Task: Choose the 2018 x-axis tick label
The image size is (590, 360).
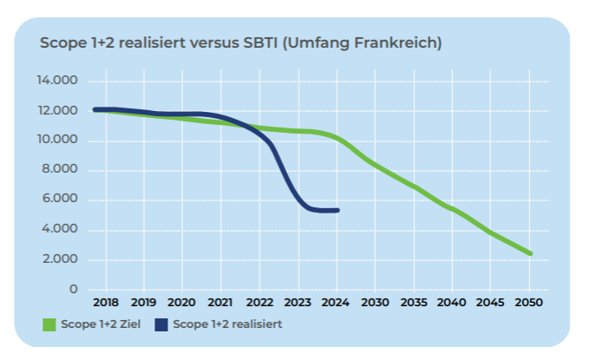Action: coord(104,303)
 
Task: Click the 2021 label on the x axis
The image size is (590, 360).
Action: coord(220,303)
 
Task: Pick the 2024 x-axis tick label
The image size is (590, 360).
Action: coord(336,303)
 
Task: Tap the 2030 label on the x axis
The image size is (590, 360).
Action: coord(375,303)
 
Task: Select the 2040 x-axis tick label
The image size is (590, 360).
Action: coord(452,303)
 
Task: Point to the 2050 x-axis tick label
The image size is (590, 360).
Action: coord(529,303)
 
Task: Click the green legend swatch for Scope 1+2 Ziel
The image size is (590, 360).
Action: coord(49,324)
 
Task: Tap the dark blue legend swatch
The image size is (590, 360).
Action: coord(161,324)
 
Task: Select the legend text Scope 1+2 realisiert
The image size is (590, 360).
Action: coord(227,324)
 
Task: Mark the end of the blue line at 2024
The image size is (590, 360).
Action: coord(337,210)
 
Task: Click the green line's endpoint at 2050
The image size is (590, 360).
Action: coord(529,253)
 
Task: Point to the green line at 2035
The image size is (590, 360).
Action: coord(414,186)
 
